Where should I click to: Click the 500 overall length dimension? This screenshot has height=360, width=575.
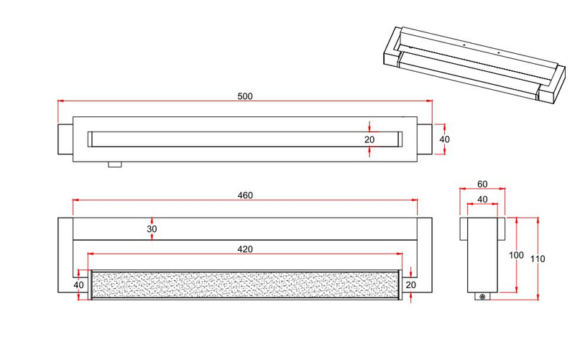[x=244, y=96]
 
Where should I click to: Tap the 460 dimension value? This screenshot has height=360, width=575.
[x=244, y=195]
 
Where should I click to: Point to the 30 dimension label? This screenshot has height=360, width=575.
[x=152, y=229]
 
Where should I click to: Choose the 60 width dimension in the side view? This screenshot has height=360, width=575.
[x=482, y=184]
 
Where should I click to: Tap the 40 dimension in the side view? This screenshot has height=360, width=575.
[x=482, y=199]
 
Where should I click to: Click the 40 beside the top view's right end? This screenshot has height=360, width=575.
[x=445, y=139]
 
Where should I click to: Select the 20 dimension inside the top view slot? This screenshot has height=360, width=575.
[x=369, y=139]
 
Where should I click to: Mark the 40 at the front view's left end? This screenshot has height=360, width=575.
[x=78, y=284]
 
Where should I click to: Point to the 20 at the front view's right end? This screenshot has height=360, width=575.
[x=411, y=284]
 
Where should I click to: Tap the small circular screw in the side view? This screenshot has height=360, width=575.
[x=483, y=297]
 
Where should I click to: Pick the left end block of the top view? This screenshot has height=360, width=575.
[x=64, y=139]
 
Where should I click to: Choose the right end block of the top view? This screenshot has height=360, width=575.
[x=425, y=139]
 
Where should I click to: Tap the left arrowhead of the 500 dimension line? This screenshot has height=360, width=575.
[x=60, y=102]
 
